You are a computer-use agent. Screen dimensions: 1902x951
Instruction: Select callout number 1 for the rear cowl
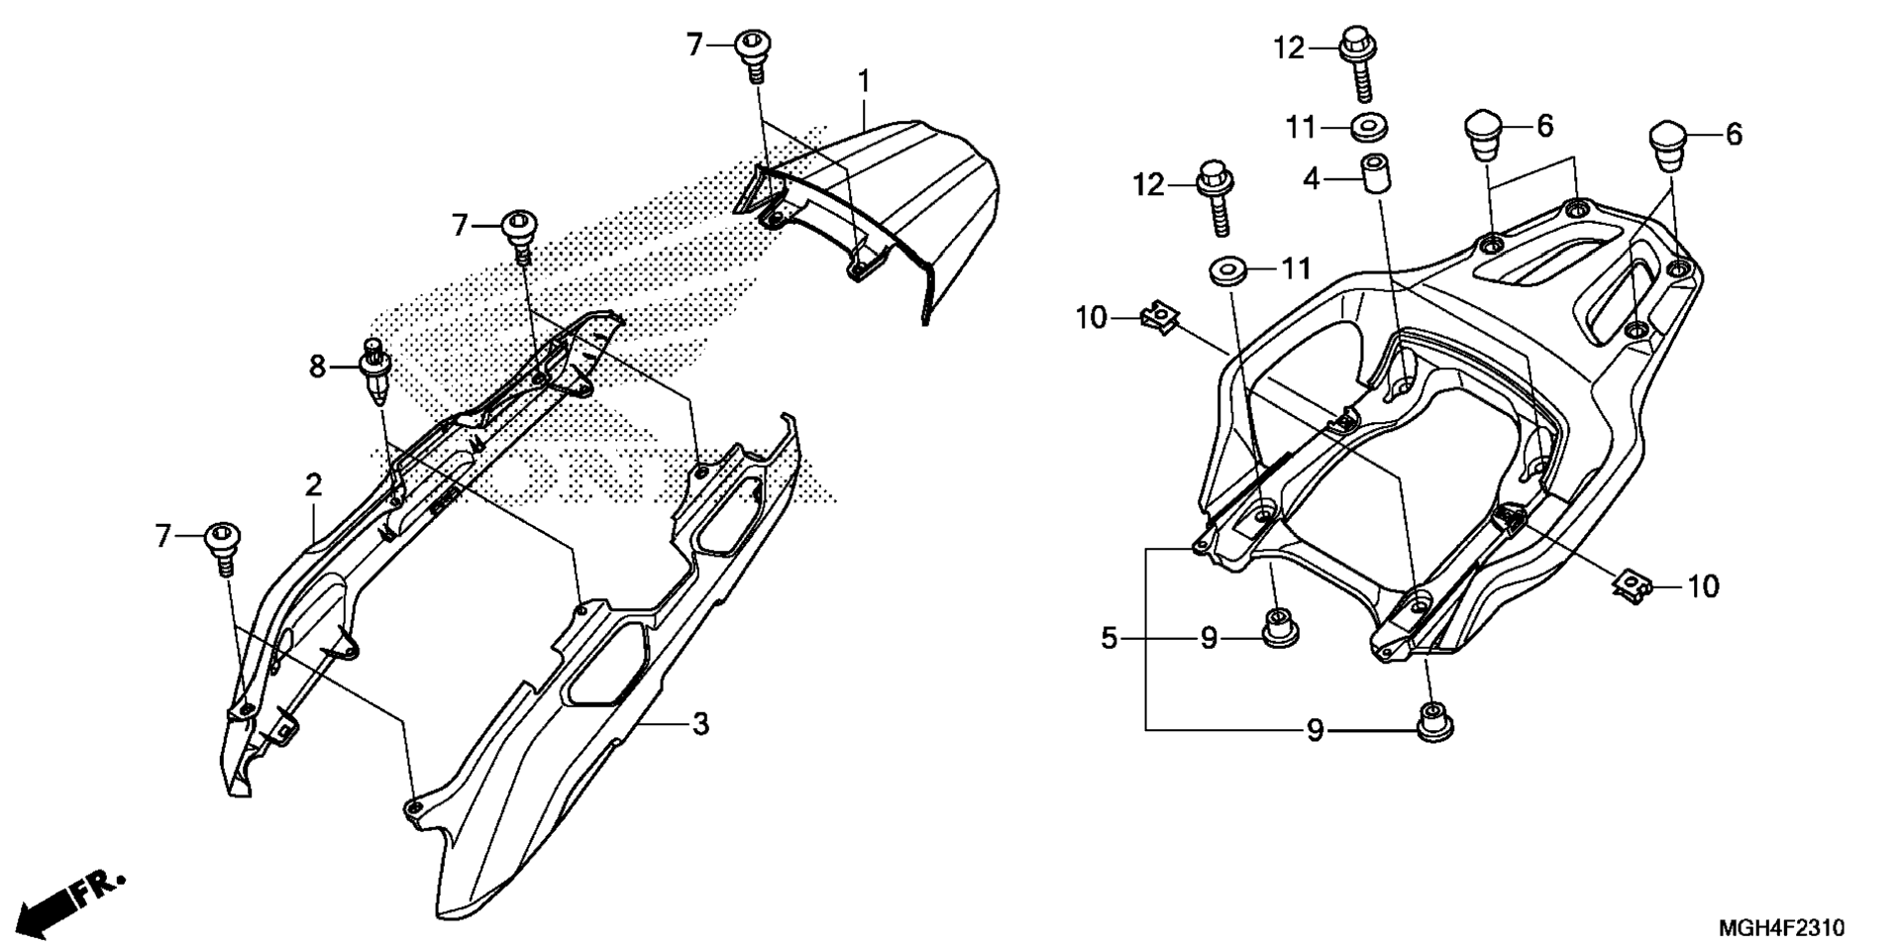pyautogui.click(x=864, y=80)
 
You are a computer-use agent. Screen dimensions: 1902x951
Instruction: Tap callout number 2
pyautogui.click(x=313, y=485)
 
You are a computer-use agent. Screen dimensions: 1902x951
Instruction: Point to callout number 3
pyautogui.click(x=700, y=724)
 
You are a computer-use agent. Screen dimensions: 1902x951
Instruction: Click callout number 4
pyautogui.click(x=1312, y=180)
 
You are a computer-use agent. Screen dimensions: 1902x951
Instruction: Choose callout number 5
pyautogui.click(x=1109, y=639)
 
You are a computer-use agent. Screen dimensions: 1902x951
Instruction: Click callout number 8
pyautogui.click(x=317, y=368)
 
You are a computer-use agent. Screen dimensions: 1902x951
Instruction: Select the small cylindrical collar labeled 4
pyautogui.click(x=1371, y=175)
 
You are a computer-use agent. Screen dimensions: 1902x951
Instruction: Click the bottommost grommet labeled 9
pyautogui.click(x=1429, y=721)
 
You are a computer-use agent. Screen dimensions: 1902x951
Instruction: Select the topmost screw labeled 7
pyautogui.click(x=754, y=54)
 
